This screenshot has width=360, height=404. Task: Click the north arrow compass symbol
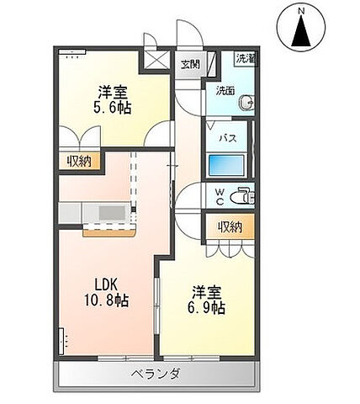point(301,31)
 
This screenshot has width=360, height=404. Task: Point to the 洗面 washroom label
point(225,90)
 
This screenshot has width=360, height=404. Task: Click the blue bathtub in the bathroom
point(227,163)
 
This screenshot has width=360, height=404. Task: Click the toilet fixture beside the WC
point(243,195)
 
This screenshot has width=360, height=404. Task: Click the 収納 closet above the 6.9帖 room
point(230,226)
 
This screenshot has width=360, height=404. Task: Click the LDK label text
point(103,283)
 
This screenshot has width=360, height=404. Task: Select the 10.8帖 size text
point(103,300)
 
